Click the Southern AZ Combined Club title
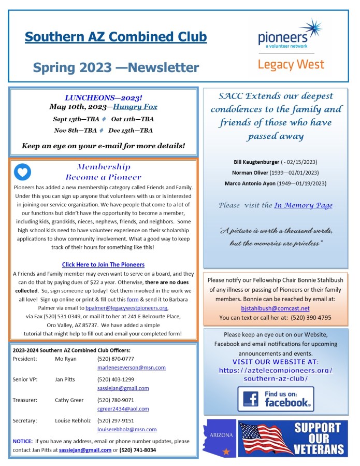coord(116,37)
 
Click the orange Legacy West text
coord(291,65)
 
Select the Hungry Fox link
coord(135,107)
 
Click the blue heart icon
coord(22,172)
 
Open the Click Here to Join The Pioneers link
coord(103,264)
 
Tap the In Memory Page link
coord(303,205)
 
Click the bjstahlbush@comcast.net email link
coord(275,308)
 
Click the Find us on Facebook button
coord(276,399)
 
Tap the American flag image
coord(265,438)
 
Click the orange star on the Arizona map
coord(225,451)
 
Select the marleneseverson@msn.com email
coord(131,368)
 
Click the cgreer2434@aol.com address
coord(122,409)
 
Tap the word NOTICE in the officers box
coord(23,441)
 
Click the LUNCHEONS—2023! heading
coord(103,97)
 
